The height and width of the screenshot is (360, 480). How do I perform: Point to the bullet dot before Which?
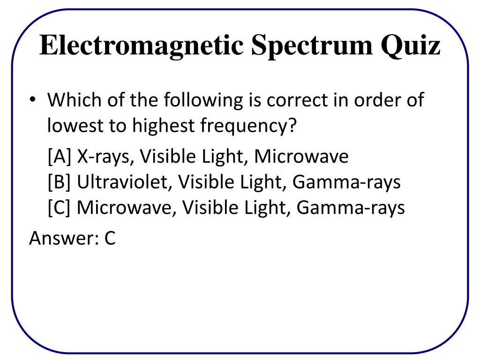coord(33,101)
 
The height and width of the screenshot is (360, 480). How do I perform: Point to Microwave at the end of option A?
coord(301,157)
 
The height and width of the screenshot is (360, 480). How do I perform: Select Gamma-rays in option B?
coord(346,182)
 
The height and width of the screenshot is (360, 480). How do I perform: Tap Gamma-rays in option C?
coord(350,207)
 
